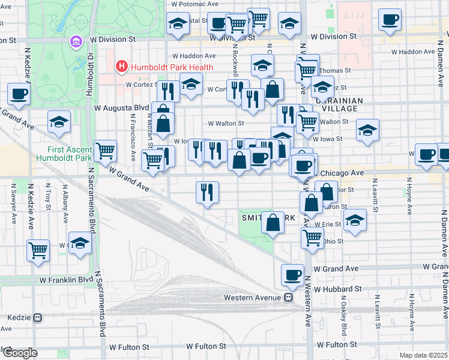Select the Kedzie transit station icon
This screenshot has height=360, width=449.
pos(38,317)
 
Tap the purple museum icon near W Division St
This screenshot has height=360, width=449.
pos(76,42)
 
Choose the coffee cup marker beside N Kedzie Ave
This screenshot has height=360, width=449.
pos(18,94)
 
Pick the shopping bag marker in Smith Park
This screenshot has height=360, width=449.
pos(273,222)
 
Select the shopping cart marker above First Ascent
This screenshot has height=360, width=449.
pos(105,150)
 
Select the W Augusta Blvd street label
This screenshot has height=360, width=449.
pos(121,108)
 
